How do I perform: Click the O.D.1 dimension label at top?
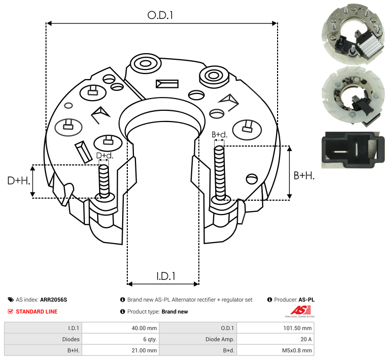click(x=161, y=15)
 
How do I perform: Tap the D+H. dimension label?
click(x=18, y=180)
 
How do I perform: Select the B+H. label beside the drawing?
click(x=304, y=175)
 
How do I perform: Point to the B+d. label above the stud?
click(x=219, y=135)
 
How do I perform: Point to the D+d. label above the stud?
click(x=104, y=155)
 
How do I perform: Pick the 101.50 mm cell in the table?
click(x=276, y=328)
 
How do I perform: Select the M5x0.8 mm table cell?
click(x=276, y=350)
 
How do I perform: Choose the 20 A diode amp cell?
click(x=276, y=339)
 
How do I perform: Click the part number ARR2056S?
click(x=54, y=300)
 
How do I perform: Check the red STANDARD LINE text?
click(x=37, y=311)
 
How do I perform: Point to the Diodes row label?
click(x=72, y=339)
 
